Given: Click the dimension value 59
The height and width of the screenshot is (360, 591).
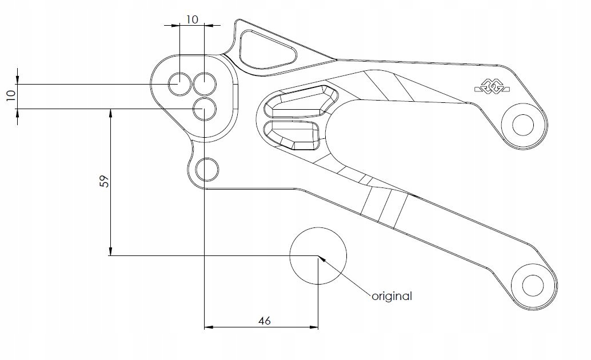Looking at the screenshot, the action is click(104, 181).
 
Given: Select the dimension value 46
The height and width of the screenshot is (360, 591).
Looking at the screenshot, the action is click(263, 321).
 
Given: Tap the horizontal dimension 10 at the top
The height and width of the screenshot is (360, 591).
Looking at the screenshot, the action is click(192, 19).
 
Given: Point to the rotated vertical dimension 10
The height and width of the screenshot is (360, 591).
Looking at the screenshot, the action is click(10, 95).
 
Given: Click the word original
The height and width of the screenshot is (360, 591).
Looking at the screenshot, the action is click(392, 296).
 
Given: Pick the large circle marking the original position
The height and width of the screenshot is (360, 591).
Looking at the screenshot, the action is click(318, 256).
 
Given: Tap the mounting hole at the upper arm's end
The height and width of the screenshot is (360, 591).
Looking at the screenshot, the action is click(522, 123).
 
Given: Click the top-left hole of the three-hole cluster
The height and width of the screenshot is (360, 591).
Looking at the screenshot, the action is click(179, 84).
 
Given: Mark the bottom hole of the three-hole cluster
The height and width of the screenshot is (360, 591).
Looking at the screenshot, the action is click(204, 109).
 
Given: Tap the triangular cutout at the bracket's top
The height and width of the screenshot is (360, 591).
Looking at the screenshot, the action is click(266, 49).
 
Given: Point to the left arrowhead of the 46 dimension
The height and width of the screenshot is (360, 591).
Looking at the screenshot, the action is click(209, 327).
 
